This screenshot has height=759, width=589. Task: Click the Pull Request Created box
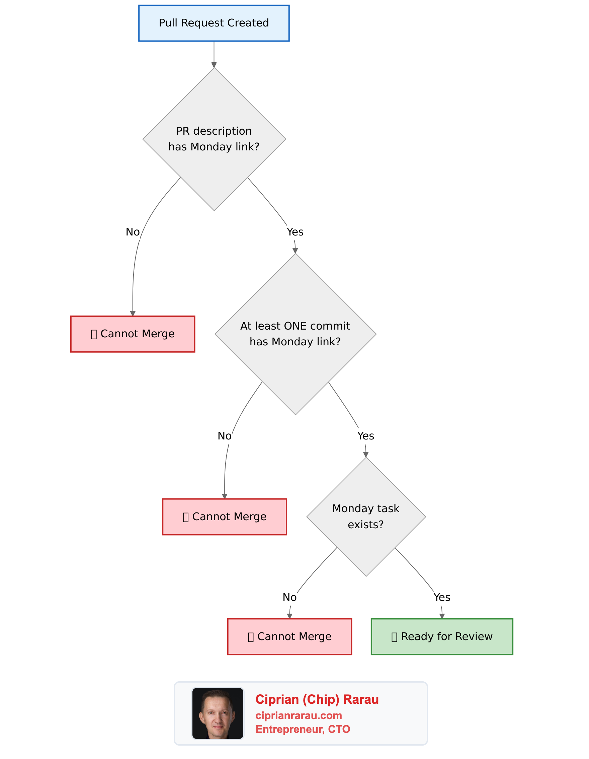214,23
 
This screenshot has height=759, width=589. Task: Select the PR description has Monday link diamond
214,139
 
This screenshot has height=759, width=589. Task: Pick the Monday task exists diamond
366,516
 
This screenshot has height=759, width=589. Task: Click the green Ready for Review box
442,636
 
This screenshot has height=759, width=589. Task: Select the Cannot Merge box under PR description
133,334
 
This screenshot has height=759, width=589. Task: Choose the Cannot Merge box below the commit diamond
224,517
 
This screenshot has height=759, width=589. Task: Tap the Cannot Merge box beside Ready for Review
289,636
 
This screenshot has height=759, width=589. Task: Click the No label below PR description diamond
133,232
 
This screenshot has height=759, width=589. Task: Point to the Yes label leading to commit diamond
295,232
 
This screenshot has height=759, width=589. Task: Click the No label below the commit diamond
224,436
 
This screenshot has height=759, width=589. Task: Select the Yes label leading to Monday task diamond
365,436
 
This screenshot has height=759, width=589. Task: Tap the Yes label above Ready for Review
442,597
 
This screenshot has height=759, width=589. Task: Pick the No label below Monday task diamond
289,597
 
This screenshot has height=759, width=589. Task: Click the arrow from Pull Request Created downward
214,54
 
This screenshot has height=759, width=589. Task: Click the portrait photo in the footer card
218,713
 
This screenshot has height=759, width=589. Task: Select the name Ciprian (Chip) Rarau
317,700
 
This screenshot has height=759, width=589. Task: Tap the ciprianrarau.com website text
299,715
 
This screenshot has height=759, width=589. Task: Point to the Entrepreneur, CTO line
303,729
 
